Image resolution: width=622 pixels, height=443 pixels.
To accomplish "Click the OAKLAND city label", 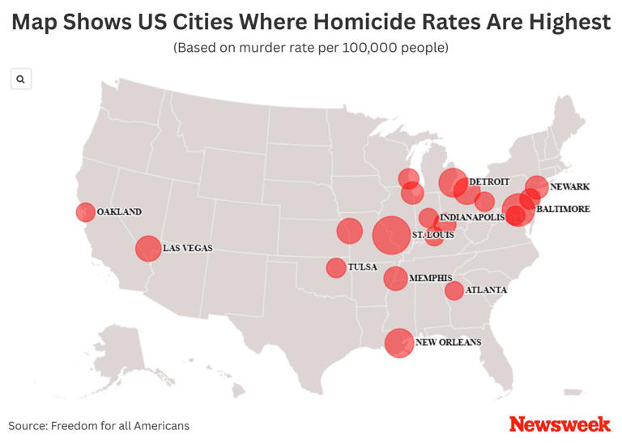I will pos(119,212).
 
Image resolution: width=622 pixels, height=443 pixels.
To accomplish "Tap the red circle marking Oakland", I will pos(85,212).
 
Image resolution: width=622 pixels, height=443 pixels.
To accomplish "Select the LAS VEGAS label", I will pos(187,248).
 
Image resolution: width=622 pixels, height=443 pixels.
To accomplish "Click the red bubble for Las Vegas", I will pos(147,248).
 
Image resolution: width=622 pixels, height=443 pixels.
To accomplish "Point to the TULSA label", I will pos(361,266).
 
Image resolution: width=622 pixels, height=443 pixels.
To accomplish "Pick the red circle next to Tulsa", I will pos(336,267).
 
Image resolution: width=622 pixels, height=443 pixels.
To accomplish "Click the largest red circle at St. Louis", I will pos(391,235).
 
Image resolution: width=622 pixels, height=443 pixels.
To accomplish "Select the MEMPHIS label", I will pos(430,278).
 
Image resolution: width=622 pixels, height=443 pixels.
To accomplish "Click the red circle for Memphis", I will pos(395,279).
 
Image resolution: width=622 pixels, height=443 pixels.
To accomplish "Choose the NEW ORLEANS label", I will pos(448,343).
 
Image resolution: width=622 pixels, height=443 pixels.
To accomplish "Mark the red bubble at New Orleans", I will pos(398,343).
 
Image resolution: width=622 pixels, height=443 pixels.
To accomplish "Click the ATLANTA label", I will pos(486,290).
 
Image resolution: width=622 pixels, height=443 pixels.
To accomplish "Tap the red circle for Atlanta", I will pos(454,290).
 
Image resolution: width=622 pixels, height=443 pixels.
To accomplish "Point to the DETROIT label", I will pos(489,181).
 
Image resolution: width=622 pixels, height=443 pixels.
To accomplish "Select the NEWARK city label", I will pos(569,187).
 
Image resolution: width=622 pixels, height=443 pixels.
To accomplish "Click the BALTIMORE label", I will pos(563,209).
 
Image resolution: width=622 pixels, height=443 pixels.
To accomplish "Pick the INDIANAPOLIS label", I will pos(472,218).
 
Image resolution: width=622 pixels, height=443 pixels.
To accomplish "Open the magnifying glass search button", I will pos(20,79).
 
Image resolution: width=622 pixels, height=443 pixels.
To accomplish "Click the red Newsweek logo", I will pos(560,424).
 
